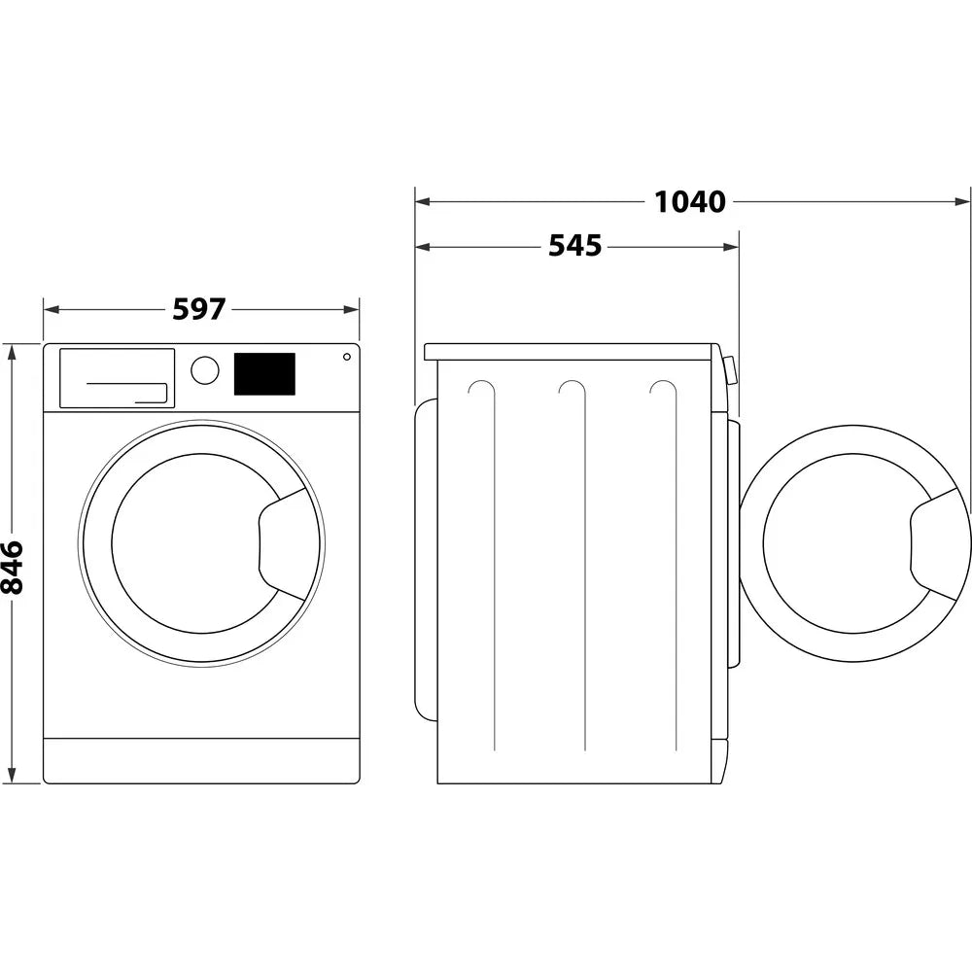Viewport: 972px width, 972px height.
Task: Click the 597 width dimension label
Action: pos(199,309)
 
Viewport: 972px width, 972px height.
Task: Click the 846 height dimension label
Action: pos(13,567)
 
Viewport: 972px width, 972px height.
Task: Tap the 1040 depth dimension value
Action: pos(689,202)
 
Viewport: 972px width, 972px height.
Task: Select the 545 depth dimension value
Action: pos(575,247)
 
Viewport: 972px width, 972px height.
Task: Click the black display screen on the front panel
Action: pos(264,374)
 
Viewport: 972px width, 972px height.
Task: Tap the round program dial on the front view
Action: pos(205,370)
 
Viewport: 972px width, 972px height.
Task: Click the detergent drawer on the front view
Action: pos(117,378)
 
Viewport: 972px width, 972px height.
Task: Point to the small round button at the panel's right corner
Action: pos(346,357)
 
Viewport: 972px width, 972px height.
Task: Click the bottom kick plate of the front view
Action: pos(201,760)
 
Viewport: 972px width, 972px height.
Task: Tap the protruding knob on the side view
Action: pos(731,370)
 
